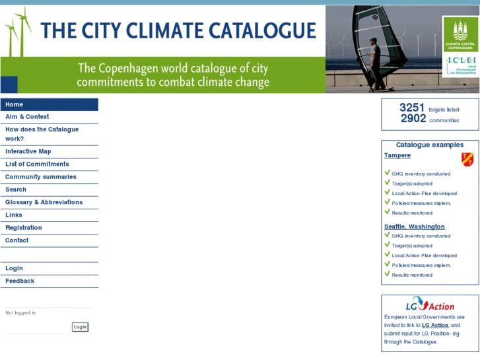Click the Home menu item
15,104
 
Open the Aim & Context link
27,117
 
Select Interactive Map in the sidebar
28,151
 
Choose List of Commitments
37,164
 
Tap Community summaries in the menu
41,177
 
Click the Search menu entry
16,190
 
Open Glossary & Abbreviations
44,202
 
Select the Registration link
24,228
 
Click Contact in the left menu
17,240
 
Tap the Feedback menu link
20,281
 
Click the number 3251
412,108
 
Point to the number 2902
413,119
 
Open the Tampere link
397,156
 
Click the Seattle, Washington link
415,227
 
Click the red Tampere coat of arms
467,159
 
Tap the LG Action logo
430,306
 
